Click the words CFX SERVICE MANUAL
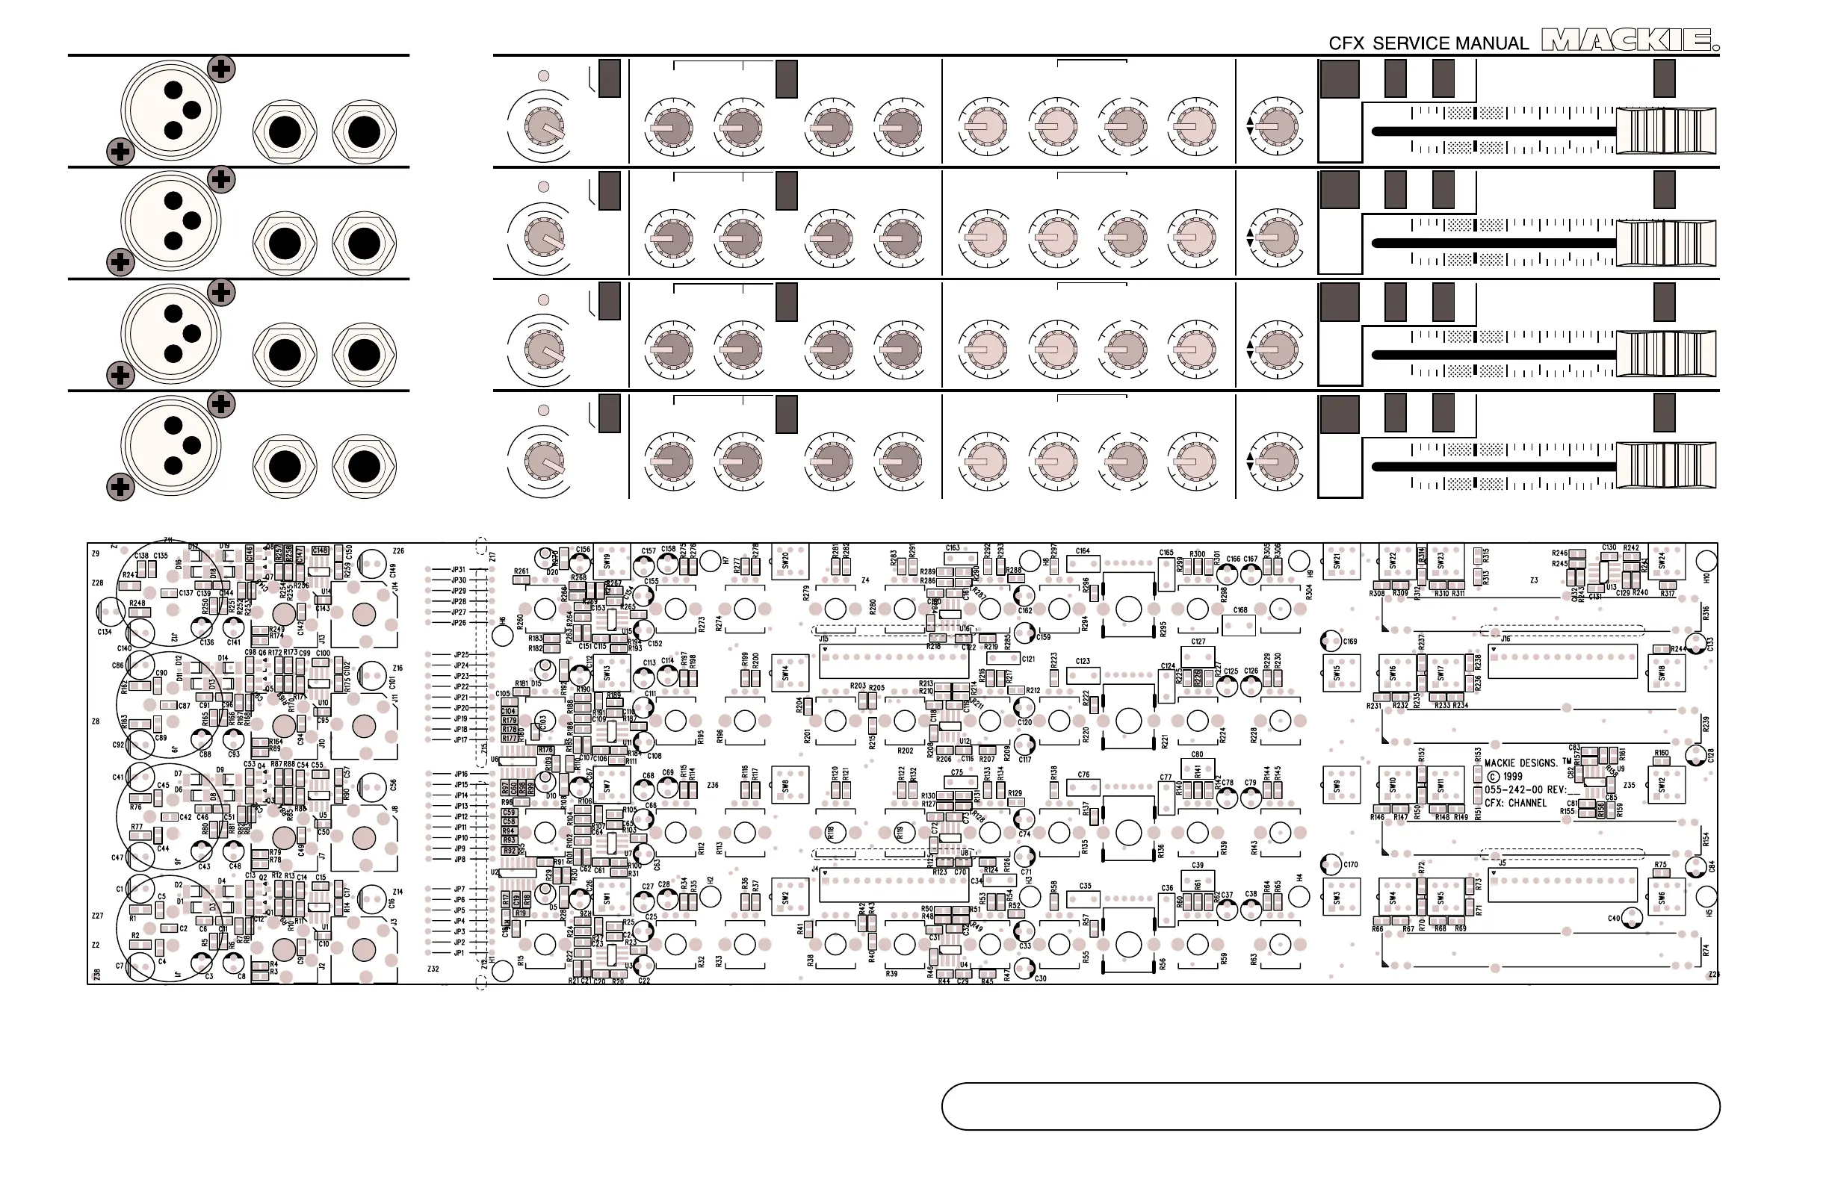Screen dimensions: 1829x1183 (1429, 44)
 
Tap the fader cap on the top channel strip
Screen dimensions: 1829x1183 (1665, 131)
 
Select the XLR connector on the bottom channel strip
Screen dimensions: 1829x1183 (170, 446)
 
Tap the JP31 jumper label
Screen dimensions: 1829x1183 (459, 570)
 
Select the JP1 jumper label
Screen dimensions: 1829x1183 (459, 953)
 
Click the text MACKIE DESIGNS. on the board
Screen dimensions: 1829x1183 (1521, 763)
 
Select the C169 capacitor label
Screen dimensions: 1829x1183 (1350, 642)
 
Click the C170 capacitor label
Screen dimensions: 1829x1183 (1351, 864)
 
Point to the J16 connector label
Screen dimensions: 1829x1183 (1505, 639)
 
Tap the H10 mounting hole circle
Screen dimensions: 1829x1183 (1706, 560)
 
